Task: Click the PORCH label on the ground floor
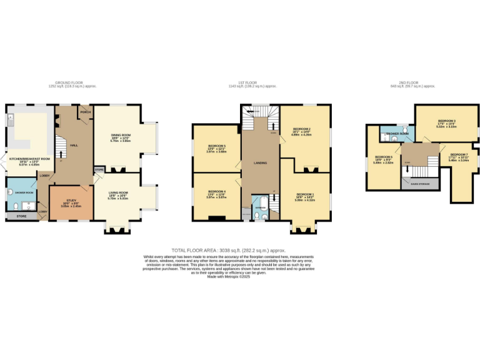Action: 85,112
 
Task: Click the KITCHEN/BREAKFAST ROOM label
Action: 26,159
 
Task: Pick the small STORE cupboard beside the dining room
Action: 99,169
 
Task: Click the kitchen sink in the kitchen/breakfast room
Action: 10,117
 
